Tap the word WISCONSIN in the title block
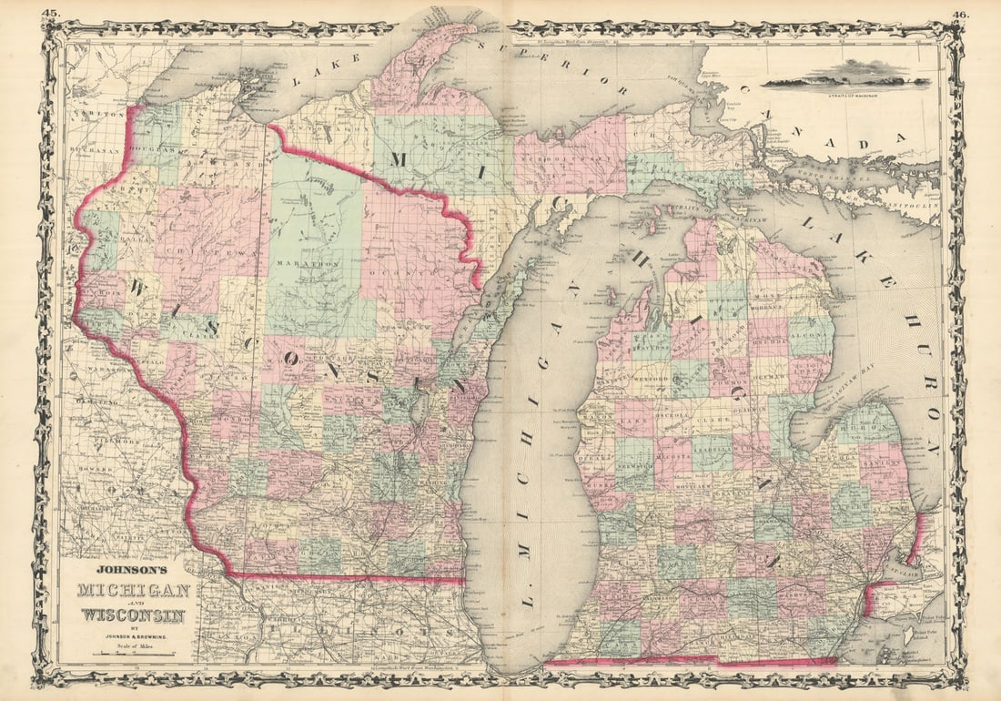[x=134, y=615]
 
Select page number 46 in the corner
[x=960, y=14]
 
